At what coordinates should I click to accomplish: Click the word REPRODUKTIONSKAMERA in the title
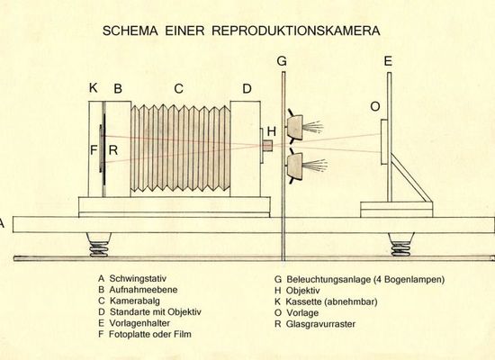click(x=296, y=31)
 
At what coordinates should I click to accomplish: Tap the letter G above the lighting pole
click(x=282, y=61)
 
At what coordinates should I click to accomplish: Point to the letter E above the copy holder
click(x=388, y=61)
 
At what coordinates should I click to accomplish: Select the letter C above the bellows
click(x=179, y=88)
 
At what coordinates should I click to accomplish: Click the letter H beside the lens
click(x=272, y=131)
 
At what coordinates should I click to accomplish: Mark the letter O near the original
click(x=375, y=107)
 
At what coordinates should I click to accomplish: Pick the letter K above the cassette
click(x=93, y=88)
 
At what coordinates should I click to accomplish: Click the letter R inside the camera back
click(x=113, y=150)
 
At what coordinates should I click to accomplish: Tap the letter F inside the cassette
click(x=94, y=150)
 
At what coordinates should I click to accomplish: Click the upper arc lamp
click(x=295, y=126)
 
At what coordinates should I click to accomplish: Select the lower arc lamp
click(x=295, y=166)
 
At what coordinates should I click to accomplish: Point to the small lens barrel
click(x=267, y=146)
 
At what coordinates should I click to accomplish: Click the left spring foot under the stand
click(x=99, y=245)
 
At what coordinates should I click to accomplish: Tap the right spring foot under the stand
click(x=400, y=245)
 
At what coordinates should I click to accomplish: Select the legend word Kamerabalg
click(x=134, y=301)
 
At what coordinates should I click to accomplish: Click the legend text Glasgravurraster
click(x=320, y=324)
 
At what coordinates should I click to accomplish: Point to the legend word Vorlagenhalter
click(x=139, y=323)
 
